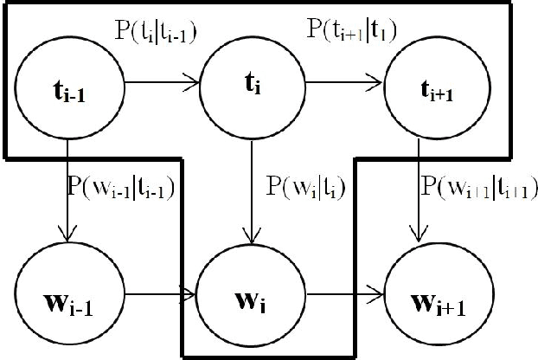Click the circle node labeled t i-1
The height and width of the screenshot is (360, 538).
coord(68,87)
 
